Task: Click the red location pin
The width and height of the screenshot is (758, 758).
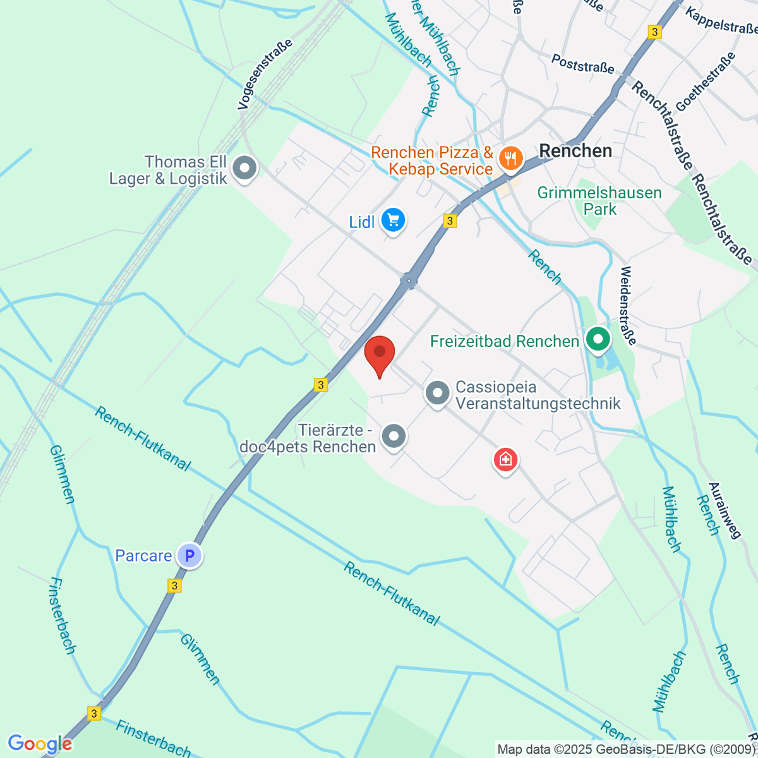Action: (380, 353)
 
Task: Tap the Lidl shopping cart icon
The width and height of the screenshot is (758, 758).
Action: (394, 220)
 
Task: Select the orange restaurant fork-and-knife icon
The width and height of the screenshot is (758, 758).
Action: (510, 157)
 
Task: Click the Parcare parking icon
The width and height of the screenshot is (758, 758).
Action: (189, 556)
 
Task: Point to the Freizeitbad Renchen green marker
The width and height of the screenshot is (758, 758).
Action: (597, 339)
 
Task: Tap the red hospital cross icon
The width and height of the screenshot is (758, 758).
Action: (505, 459)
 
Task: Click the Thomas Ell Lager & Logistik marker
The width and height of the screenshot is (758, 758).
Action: (244, 169)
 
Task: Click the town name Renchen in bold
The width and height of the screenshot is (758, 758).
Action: (575, 151)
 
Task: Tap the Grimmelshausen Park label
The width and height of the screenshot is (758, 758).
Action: (599, 201)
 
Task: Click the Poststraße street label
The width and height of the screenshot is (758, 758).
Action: (582, 63)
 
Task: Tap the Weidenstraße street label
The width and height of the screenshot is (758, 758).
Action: (627, 305)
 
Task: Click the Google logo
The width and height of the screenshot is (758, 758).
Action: (40, 744)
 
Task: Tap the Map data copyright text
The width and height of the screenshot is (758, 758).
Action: (625, 750)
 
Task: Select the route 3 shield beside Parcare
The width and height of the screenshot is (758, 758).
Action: (175, 586)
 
